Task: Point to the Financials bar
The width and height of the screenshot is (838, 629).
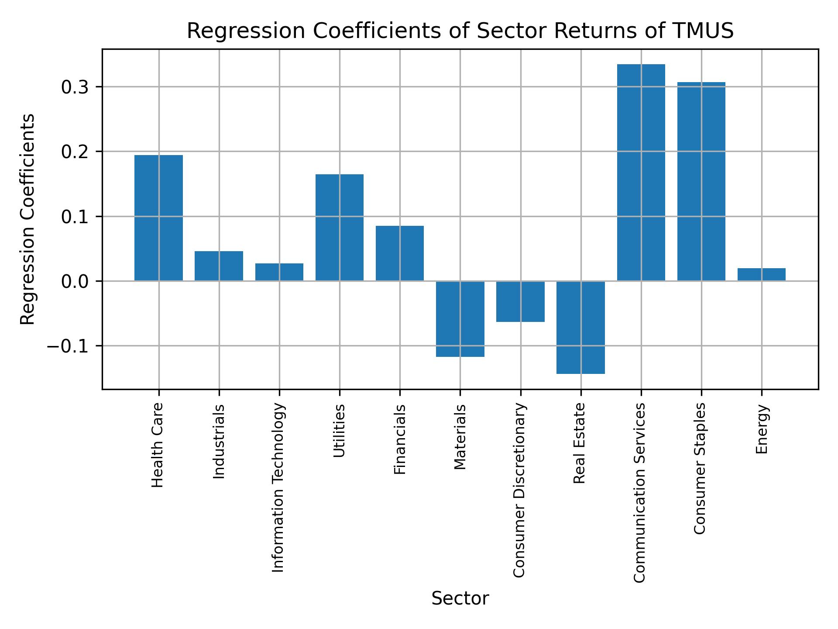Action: tap(399, 253)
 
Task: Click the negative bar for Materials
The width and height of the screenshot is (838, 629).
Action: tap(460, 319)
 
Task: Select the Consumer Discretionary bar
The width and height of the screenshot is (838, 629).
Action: tap(520, 301)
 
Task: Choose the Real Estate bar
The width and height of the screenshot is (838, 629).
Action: tap(580, 327)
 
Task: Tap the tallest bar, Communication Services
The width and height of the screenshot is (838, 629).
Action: tap(641, 172)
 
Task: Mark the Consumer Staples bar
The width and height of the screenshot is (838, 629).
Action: tap(701, 181)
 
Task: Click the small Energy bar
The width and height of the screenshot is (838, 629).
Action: tap(761, 274)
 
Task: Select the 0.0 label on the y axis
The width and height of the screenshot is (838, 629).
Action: tap(75, 281)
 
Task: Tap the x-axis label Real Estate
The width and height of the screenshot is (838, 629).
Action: tap(579, 443)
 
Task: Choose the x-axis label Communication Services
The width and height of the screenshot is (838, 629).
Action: tap(639, 493)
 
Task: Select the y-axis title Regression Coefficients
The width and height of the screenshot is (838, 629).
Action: tap(28, 219)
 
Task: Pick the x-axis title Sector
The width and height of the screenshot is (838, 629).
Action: tap(460, 599)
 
